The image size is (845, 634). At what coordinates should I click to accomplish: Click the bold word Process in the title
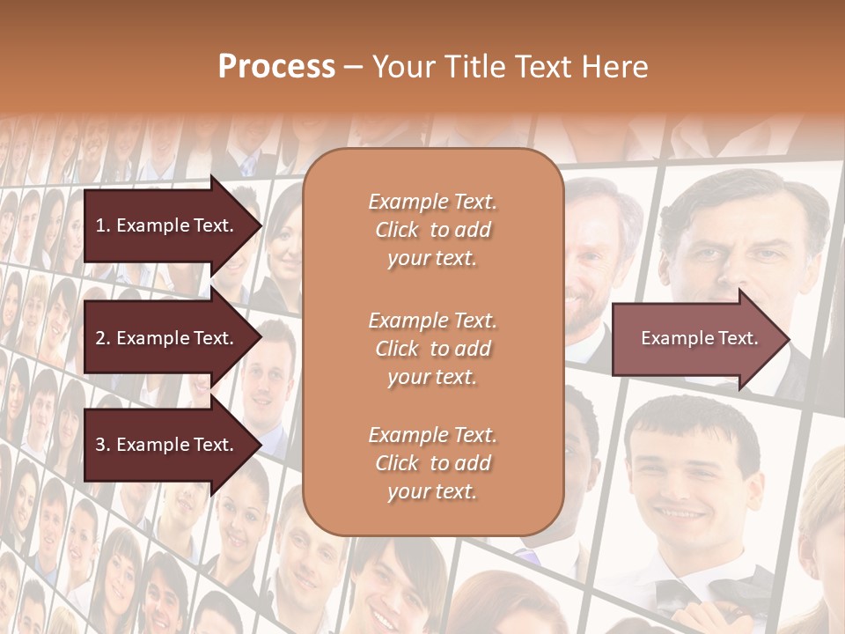tap(276, 67)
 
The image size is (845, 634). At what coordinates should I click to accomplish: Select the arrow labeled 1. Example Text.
tap(167, 225)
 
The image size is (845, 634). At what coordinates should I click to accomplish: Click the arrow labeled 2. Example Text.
tap(167, 338)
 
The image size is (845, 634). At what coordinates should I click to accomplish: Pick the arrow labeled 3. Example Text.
tap(167, 445)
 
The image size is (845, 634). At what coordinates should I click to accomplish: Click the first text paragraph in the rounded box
tap(432, 230)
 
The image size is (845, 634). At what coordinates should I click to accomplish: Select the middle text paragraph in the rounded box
tap(432, 348)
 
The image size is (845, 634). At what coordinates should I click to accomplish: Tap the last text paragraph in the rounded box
tap(432, 463)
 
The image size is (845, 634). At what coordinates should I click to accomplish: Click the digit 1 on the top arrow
tap(99, 225)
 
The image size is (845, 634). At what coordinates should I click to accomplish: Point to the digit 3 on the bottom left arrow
tap(99, 445)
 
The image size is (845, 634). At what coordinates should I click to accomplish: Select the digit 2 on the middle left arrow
tap(99, 338)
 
